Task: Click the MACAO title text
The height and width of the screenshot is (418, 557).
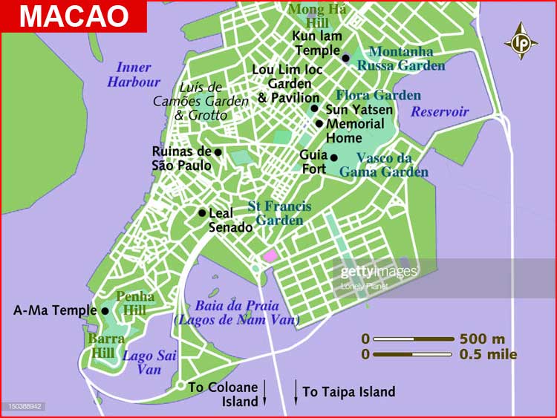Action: pyautogui.click(x=73, y=16)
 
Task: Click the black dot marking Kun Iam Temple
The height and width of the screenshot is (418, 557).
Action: pyautogui.click(x=345, y=57)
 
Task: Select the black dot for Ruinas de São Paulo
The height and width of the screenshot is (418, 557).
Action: pyautogui.click(x=218, y=152)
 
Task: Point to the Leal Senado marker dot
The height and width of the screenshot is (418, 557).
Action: pyautogui.click(x=202, y=212)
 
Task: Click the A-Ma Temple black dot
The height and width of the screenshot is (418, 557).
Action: pyautogui.click(x=105, y=311)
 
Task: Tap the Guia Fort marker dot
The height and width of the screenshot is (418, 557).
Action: pyautogui.click(x=334, y=157)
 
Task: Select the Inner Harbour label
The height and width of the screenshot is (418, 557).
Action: pyautogui.click(x=134, y=75)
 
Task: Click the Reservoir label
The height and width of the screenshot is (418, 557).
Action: pyautogui.click(x=440, y=111)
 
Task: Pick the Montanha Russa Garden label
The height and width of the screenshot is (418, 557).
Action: pyautogui.click(x=400, y=58)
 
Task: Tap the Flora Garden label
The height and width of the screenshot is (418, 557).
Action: pyautogui.click(x=378, y=95)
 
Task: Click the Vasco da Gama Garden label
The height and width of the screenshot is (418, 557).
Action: pyautogui.click(x=383, y=164)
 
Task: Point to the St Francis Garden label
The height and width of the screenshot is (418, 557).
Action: pyautogui.click(x=279, y=213)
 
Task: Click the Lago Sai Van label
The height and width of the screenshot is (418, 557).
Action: pyautogui.click(x=149, y=362)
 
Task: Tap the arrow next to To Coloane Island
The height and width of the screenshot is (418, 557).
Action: pyautogui.click(x=264, y=395)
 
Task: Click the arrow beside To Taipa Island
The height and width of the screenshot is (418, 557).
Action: pyautogui.click(x=296, y=392)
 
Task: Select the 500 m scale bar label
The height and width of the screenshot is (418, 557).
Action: pyautogui.click(x=482, y=339)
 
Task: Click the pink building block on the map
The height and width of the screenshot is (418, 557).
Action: pyautogui.click(x=270, y=255)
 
